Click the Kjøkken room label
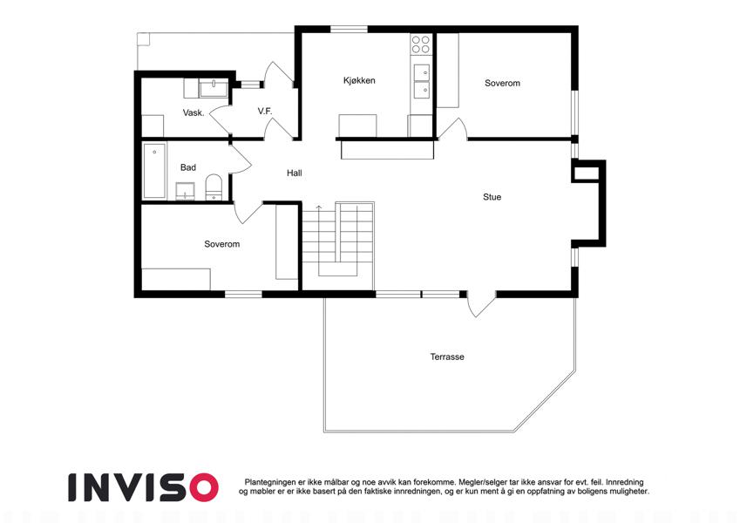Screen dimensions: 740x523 coord(359,81)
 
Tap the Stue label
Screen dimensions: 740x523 coord(492,197)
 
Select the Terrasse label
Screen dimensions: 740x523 coord(447,357)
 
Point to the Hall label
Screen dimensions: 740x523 coord(295,173)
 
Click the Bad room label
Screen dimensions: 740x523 coord(187,167)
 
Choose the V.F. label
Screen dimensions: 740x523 coord(265,111)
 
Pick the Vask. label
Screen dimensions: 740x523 coord(193,112)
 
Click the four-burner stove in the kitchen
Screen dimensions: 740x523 coord(421,44)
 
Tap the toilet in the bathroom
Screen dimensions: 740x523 coord(214,187)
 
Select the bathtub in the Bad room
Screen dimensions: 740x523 coord(154,171)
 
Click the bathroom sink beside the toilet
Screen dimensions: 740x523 coord(186,191)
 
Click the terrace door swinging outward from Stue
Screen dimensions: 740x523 coord(481,304)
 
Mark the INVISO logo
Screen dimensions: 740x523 coord(144,487)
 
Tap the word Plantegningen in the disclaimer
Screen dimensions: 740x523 coord(270,482)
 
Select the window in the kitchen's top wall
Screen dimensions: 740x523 coord(349,30)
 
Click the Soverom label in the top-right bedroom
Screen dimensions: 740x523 coord(502,84)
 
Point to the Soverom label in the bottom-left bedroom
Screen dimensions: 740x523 coord(221,244)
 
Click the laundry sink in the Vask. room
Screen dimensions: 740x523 coord(214,88)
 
